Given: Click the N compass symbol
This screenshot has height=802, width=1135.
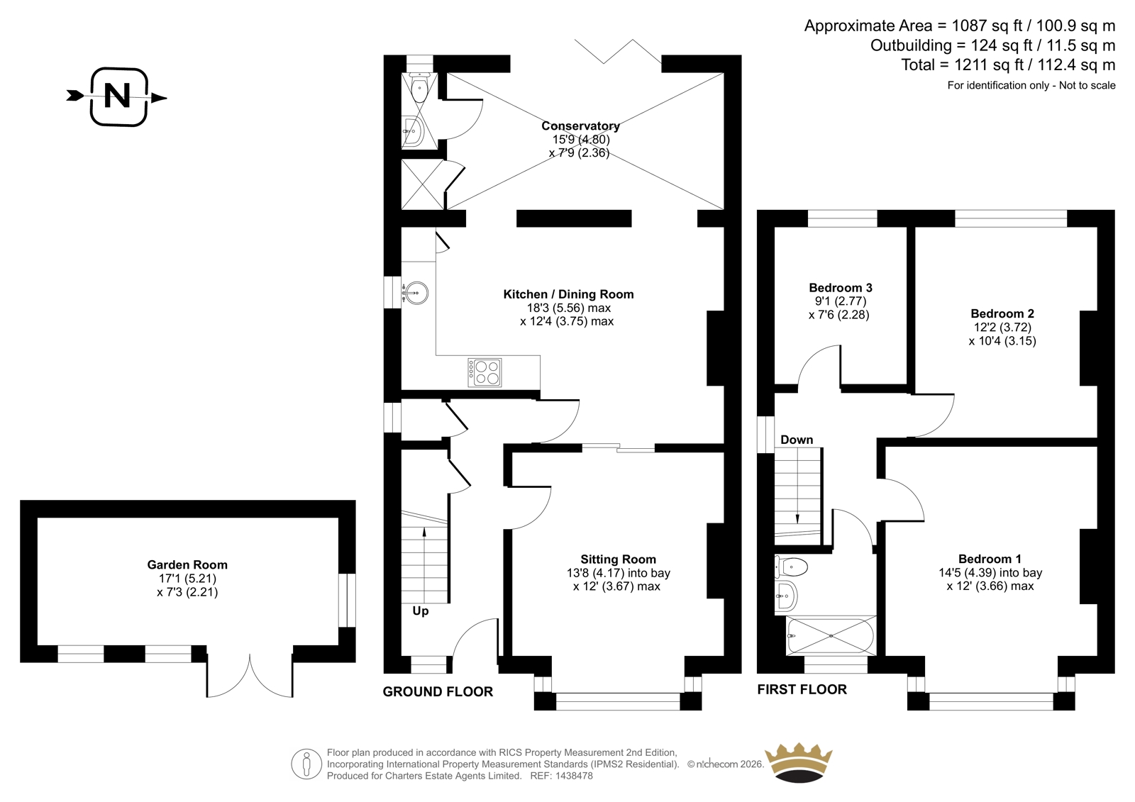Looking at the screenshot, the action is (118, 96).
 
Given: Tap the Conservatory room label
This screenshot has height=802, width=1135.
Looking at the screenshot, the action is (580, 126).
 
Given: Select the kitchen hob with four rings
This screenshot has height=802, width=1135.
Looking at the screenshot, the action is (485, 373).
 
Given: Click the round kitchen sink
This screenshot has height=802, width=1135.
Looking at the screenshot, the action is (416, 294).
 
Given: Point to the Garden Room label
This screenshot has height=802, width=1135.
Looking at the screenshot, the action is (187, 564).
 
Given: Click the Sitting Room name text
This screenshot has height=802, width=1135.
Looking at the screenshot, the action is (618, 559).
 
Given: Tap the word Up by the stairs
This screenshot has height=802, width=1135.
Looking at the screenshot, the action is (420, 611).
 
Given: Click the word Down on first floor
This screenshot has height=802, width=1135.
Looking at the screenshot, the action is (797, 440).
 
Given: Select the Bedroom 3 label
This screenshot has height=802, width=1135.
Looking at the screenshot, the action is (841, 288).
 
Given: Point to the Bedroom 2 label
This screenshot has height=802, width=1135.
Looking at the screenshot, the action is (1002, 313).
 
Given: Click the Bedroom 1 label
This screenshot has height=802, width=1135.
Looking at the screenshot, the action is (990, 559).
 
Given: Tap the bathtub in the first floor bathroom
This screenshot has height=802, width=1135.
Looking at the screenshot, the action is (831, 635).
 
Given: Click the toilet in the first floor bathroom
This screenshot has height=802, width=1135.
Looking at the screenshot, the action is (791, 567).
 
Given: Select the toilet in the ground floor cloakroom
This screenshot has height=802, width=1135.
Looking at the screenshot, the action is (419, 87).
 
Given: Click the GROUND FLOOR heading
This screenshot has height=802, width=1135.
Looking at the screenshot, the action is (438, 692).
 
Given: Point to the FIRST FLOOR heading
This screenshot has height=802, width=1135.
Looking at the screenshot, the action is (802, 689).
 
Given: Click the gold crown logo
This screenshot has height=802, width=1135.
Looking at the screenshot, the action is (798, 763).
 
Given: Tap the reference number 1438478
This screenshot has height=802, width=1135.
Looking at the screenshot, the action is (573, 776).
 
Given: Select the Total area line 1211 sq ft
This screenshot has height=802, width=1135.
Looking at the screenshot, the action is (1008, 65).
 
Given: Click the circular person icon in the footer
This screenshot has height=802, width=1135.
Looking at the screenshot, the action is (306, 764).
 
